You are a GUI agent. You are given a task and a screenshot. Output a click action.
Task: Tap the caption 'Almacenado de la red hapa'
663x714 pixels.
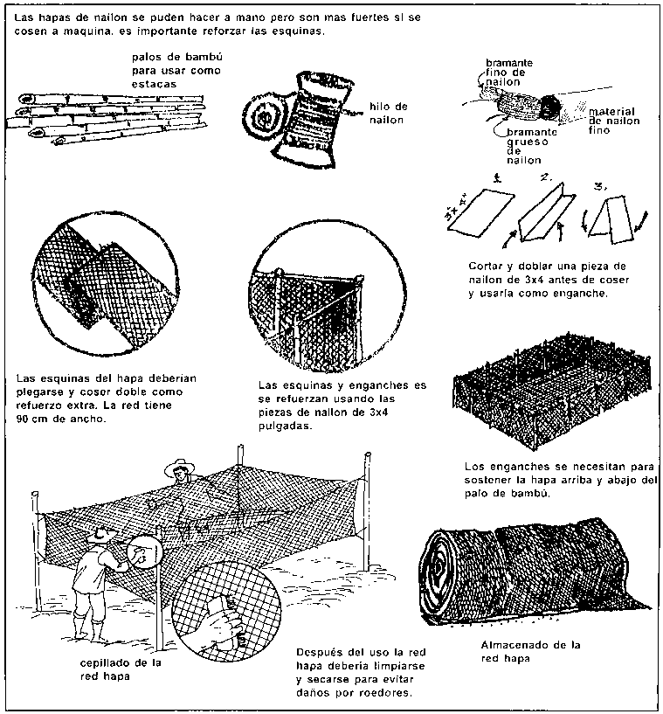[x=530, y=651]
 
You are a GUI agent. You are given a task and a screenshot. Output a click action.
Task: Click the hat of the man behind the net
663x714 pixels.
[x=182, y=463]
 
